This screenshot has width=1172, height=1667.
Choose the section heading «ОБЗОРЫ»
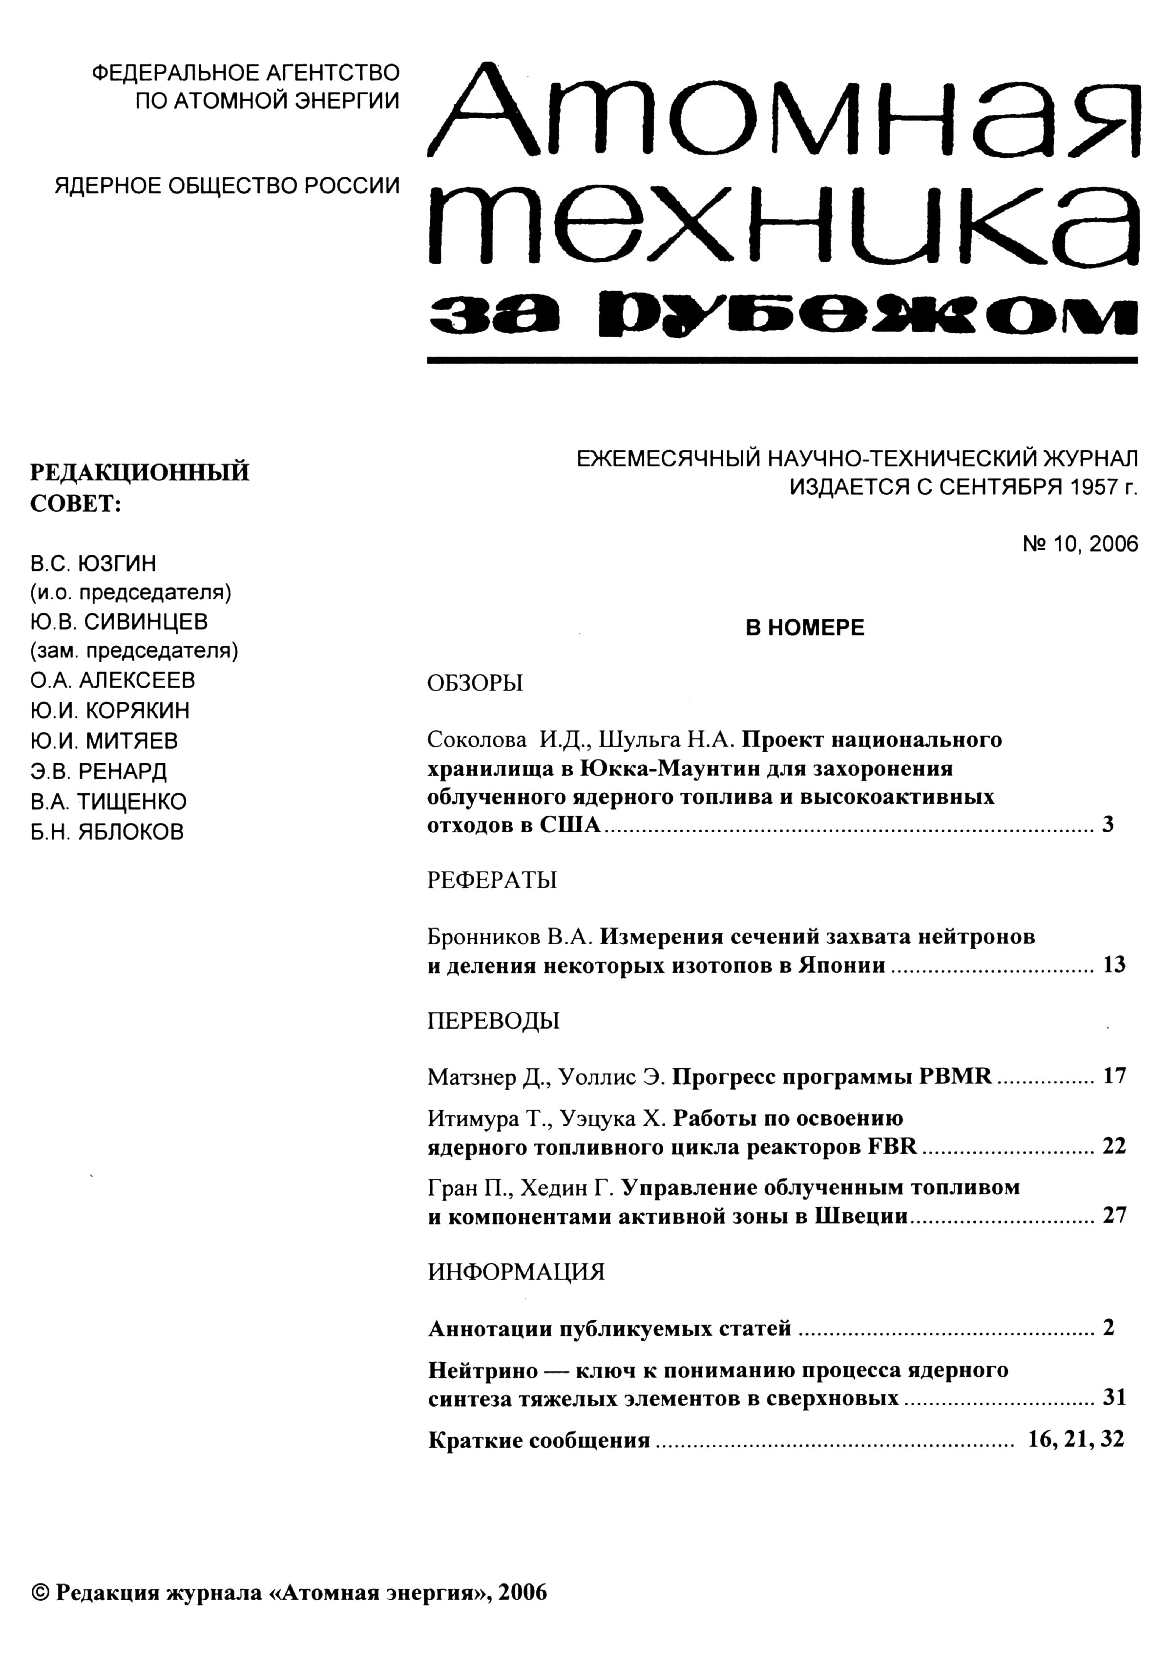tap(475, 683)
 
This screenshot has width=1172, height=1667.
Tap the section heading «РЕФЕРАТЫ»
tap(492, 880)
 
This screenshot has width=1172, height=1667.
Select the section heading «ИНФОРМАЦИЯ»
tap(516, 1272)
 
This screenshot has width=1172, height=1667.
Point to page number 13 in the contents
tap(1114, 965)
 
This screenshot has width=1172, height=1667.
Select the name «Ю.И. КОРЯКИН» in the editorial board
tap(109, 710)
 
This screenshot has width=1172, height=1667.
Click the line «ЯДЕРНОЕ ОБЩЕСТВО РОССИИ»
tap(227, 186)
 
